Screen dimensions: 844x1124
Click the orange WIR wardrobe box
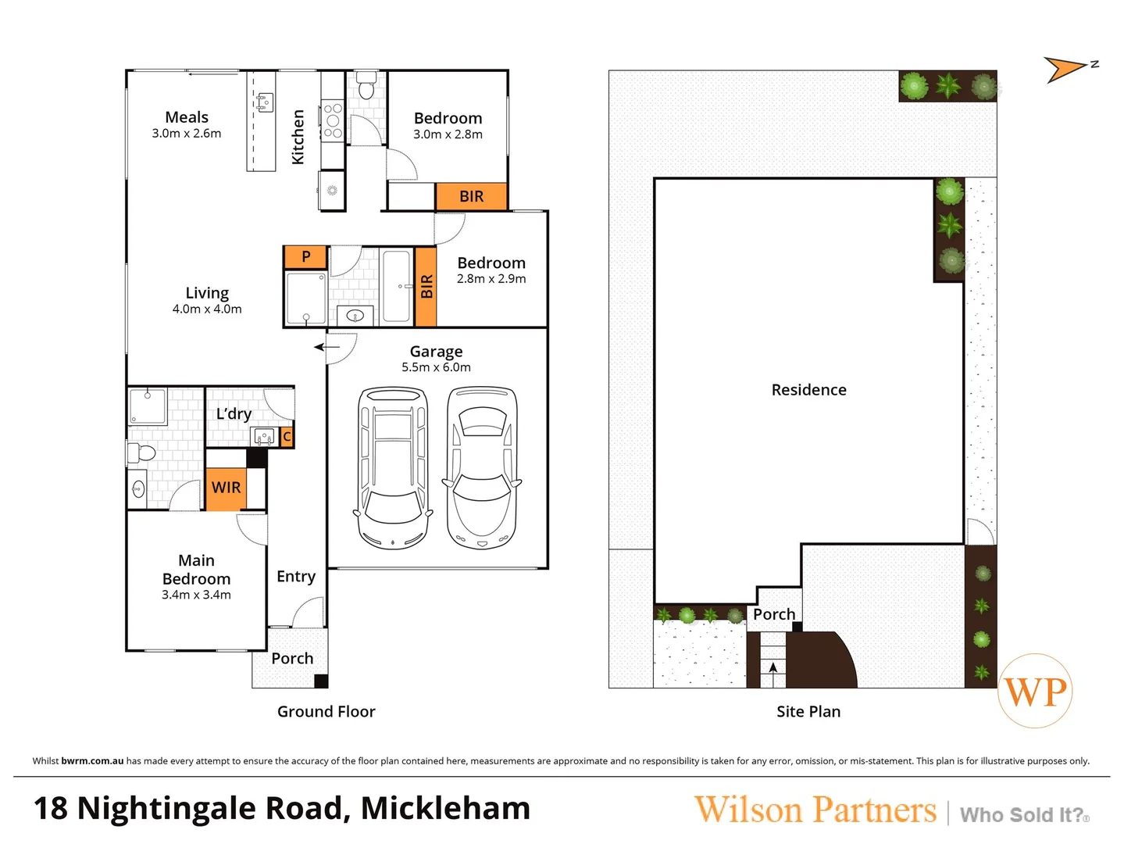coord(226,488)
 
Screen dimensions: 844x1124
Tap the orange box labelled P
coord(305,256)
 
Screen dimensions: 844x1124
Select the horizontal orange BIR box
coord(471,197)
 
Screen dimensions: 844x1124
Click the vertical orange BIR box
coord(426,287)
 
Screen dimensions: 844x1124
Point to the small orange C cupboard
coord(287,437)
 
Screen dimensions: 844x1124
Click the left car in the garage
coord(393,467)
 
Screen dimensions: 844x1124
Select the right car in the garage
coord(482,467)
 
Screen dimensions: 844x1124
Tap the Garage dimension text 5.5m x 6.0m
coord(436,367)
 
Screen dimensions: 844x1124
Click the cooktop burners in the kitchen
coord(333,121)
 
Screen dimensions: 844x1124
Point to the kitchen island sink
coord(264,102)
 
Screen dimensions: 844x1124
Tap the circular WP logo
coord(1035,691)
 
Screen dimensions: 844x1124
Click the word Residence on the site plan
coord(808,390)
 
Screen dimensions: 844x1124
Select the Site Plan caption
coord(808,712)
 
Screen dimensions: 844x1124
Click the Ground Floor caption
coord(326,712)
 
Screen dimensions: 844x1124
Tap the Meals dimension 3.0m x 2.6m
coord(186,134)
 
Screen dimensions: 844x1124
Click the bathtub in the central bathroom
coord(397,286)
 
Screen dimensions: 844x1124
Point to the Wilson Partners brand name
coord(815,810)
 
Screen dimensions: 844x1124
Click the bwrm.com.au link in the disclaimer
coord(92,761)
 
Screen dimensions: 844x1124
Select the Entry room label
coord(296,577)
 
